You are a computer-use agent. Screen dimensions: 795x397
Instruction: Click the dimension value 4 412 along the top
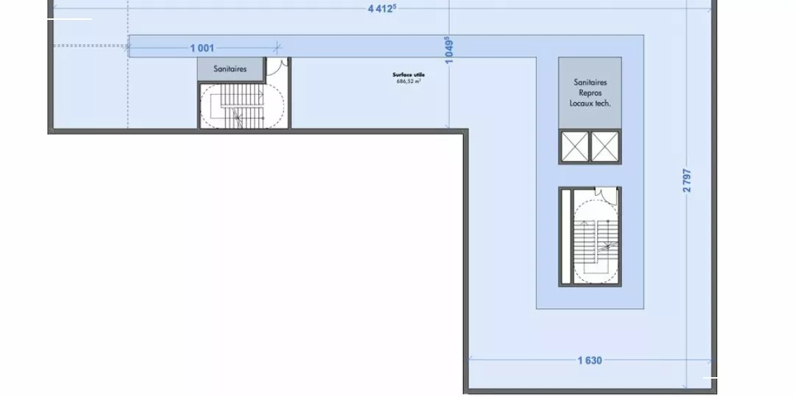click(382, 9)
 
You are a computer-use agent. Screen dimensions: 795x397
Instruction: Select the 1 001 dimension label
click(202, 48)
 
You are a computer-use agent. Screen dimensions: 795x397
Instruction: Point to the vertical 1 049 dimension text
click(449, 50)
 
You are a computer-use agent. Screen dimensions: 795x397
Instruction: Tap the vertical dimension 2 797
click(687, 180)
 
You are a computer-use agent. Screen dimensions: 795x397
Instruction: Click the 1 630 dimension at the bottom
click(590, 360)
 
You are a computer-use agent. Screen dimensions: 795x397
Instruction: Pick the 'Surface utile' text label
click(409, 75)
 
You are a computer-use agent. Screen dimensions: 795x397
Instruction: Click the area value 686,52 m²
click(409, 81)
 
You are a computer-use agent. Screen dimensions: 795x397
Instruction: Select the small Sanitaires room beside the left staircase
click(230, 69)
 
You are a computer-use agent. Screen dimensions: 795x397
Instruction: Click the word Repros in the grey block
click(590, 93)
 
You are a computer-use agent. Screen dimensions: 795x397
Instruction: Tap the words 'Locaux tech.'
click(590, 103)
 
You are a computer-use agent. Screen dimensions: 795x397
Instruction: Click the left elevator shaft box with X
click(575, 146)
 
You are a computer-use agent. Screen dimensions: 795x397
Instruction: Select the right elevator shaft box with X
click(605, 146)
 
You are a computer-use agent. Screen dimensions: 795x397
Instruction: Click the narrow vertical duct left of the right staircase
click(566, 237)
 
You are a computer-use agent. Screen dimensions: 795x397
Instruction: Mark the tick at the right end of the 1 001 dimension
click(277, 48)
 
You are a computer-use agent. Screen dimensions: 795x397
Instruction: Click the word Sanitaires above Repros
click(590, 82)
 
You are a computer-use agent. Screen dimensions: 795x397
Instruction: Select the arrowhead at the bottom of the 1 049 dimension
click(449, 126)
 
